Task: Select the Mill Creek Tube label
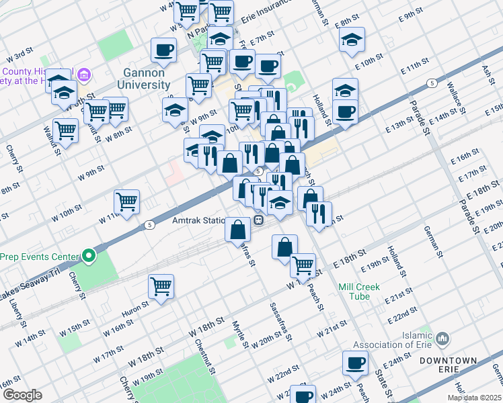coord(359,292)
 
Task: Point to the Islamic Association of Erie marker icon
coord(442,337)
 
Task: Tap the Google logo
coord(22,395)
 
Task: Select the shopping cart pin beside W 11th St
coord(126,201)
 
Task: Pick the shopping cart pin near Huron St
coord(161,287)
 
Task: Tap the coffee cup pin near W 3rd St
coord(163,50)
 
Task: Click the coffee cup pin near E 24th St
coord(355,363)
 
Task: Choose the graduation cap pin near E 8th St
coord(352,40)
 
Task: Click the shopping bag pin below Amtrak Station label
coord(238,230)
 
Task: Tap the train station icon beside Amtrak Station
coord(258,220)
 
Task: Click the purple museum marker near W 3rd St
coord(84,73)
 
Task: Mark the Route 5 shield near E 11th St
coord(431,83)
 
